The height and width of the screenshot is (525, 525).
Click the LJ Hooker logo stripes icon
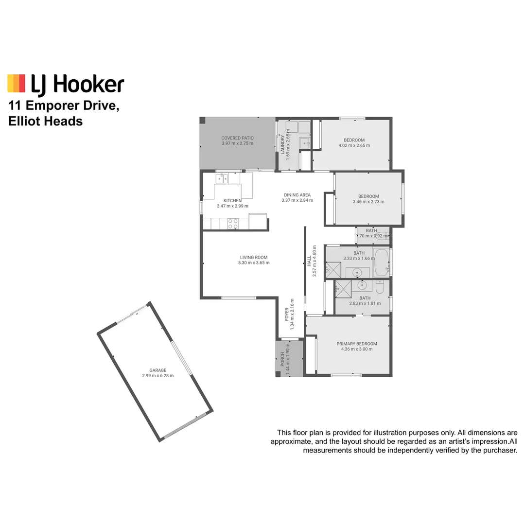(16, 83)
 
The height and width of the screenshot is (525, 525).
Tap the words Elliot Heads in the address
(45, 122)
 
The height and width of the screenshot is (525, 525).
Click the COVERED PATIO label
(237, 138)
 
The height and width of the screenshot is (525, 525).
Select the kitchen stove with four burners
(233, 224)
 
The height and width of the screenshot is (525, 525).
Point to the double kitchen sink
(222, 178)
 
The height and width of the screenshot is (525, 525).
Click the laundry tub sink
(304, 142)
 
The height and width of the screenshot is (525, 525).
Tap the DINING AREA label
(297, 195)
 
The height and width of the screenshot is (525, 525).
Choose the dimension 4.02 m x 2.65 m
(354, 145)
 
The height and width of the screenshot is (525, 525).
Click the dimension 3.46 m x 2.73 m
(368, 202)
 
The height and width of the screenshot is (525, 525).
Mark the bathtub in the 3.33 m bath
(382, 262)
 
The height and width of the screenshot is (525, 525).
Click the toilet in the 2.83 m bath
(380, 287)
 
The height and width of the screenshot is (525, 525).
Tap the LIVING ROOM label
(253, 258)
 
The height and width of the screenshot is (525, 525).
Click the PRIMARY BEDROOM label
(356, 344)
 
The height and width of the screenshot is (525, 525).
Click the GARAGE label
(158, 370)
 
